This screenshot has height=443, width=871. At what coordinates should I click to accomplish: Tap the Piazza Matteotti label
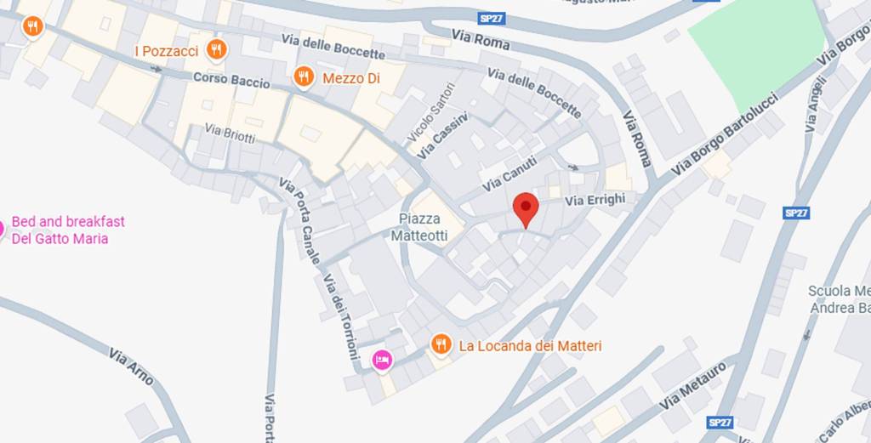(418, 227)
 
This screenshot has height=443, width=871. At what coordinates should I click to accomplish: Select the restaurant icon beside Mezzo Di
(304, 78)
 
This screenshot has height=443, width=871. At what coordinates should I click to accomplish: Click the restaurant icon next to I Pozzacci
(217, 50)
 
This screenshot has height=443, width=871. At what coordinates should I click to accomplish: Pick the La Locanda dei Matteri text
(530, 346)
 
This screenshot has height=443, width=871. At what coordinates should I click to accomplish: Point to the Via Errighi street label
(595, 200)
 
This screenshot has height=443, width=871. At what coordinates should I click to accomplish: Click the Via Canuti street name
(509, 173)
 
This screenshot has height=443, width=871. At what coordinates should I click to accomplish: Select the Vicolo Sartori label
(431, 112)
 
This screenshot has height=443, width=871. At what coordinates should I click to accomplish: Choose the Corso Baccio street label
(231, 81)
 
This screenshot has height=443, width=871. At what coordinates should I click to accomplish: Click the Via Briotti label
(230, 133)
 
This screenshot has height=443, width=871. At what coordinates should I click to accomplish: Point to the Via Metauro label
(693, 385)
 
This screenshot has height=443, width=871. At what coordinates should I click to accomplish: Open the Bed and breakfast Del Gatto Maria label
(67, 230)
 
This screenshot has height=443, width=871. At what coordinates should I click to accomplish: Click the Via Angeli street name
(815, 104)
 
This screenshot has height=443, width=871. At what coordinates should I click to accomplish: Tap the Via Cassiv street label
(442, 136)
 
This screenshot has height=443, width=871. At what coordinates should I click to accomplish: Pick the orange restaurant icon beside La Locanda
(441, 344)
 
